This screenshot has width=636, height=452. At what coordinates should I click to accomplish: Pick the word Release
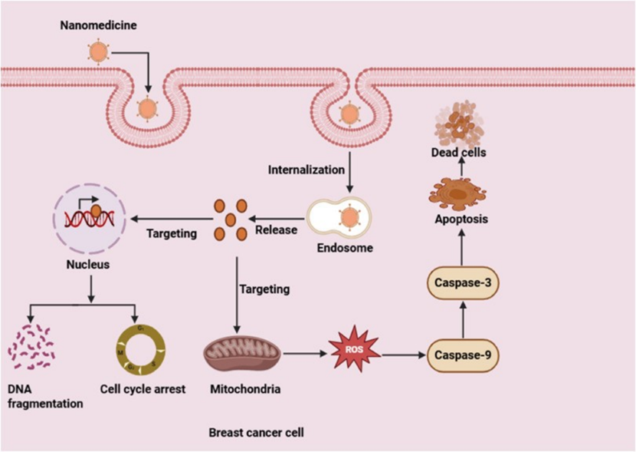coord(276,230)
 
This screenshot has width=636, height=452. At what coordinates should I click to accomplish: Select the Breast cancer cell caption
coord(257,433)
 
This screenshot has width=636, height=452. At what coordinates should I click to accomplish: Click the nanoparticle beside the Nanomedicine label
coord(98,52)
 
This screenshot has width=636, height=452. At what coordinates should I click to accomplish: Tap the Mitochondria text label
coord(244,390)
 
